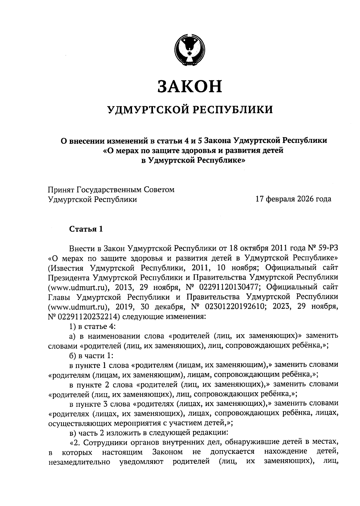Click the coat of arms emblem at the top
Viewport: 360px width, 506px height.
190,50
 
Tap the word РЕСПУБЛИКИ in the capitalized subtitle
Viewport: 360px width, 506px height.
232,110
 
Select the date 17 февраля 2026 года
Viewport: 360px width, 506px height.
293,199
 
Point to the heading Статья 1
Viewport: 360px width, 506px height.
86,229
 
